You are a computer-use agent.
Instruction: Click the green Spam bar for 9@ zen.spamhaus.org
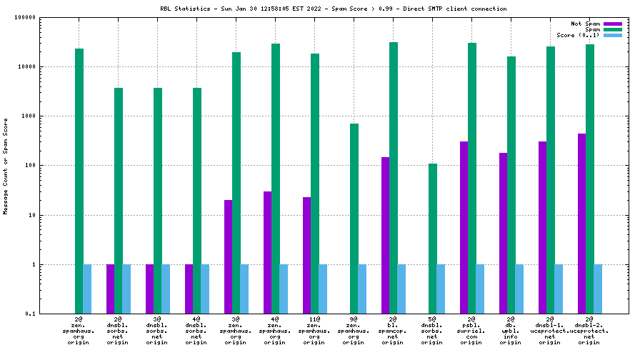coord(354,218)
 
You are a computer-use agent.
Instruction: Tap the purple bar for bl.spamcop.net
coord(386,235)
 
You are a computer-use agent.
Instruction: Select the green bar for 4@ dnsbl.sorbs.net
coord(197,200)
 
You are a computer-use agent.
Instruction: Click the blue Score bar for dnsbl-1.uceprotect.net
coord(559,289)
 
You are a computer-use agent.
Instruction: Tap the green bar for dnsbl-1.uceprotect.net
coord(551,179)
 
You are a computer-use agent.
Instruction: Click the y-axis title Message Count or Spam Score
coord(6,166)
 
